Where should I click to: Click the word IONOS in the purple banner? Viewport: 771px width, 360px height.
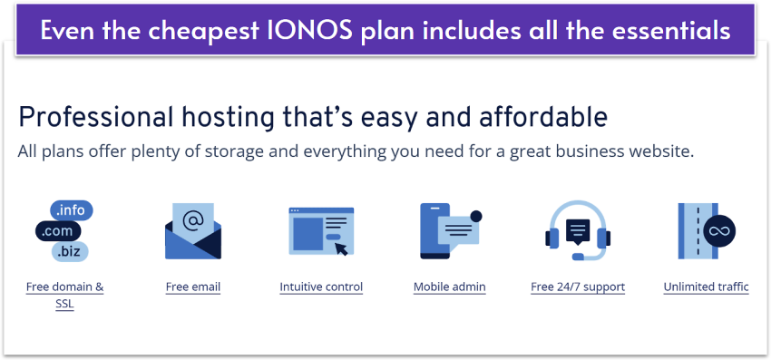pyautogui.click(x=311, y=31)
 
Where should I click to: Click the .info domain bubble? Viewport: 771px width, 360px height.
pyautogui.click(x=72, y=210)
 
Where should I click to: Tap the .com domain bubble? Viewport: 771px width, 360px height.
pyautogui.click(x=57, y=231)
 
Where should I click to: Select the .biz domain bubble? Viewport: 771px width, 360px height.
pyautogui.click(x=70, y=252)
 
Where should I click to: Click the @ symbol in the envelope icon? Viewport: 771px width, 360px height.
pyautogui.click(x=192, y=220)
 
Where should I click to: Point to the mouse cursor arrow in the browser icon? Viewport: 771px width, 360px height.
pyautogui.click(x=341, y=248)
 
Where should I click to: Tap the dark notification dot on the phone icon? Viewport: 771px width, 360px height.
pyautogui.click(x=476, y=216)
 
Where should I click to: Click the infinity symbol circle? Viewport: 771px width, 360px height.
pyautogui.click(x=719, y=231)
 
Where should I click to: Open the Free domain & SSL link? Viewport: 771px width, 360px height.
pyautogui.click(x=65, y=295)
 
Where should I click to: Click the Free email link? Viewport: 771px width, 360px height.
pyautogui.click(x=193, y=287)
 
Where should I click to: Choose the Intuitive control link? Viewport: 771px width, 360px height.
pyautogui.click(x=321, y=287)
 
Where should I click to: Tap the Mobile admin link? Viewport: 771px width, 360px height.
pyautogui.click(x=449, y=287)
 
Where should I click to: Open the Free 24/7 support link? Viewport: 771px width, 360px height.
pyautogui.click(x=578, y=287)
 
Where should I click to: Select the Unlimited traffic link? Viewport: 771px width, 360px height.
pyautogui.click(x=706, y=287)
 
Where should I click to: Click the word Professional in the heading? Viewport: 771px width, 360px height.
pyautogui.click(x=96, y=118)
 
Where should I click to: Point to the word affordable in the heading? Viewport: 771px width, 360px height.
pyautogui.click(x=543, y=118)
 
